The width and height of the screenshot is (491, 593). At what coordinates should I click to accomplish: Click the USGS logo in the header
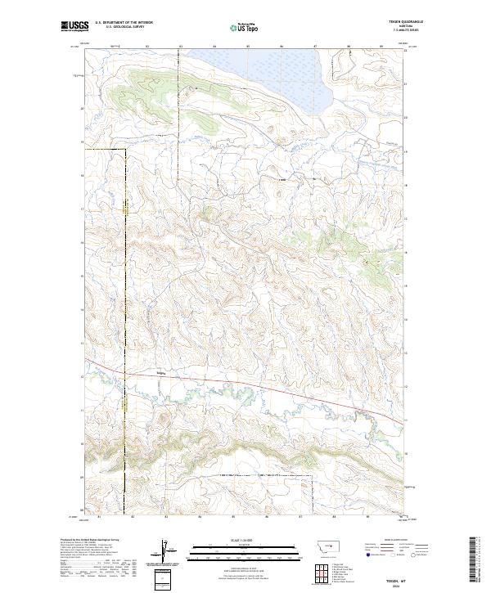[x=75, y=26]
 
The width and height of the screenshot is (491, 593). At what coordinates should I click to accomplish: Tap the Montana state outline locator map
[x=318, y=543]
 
